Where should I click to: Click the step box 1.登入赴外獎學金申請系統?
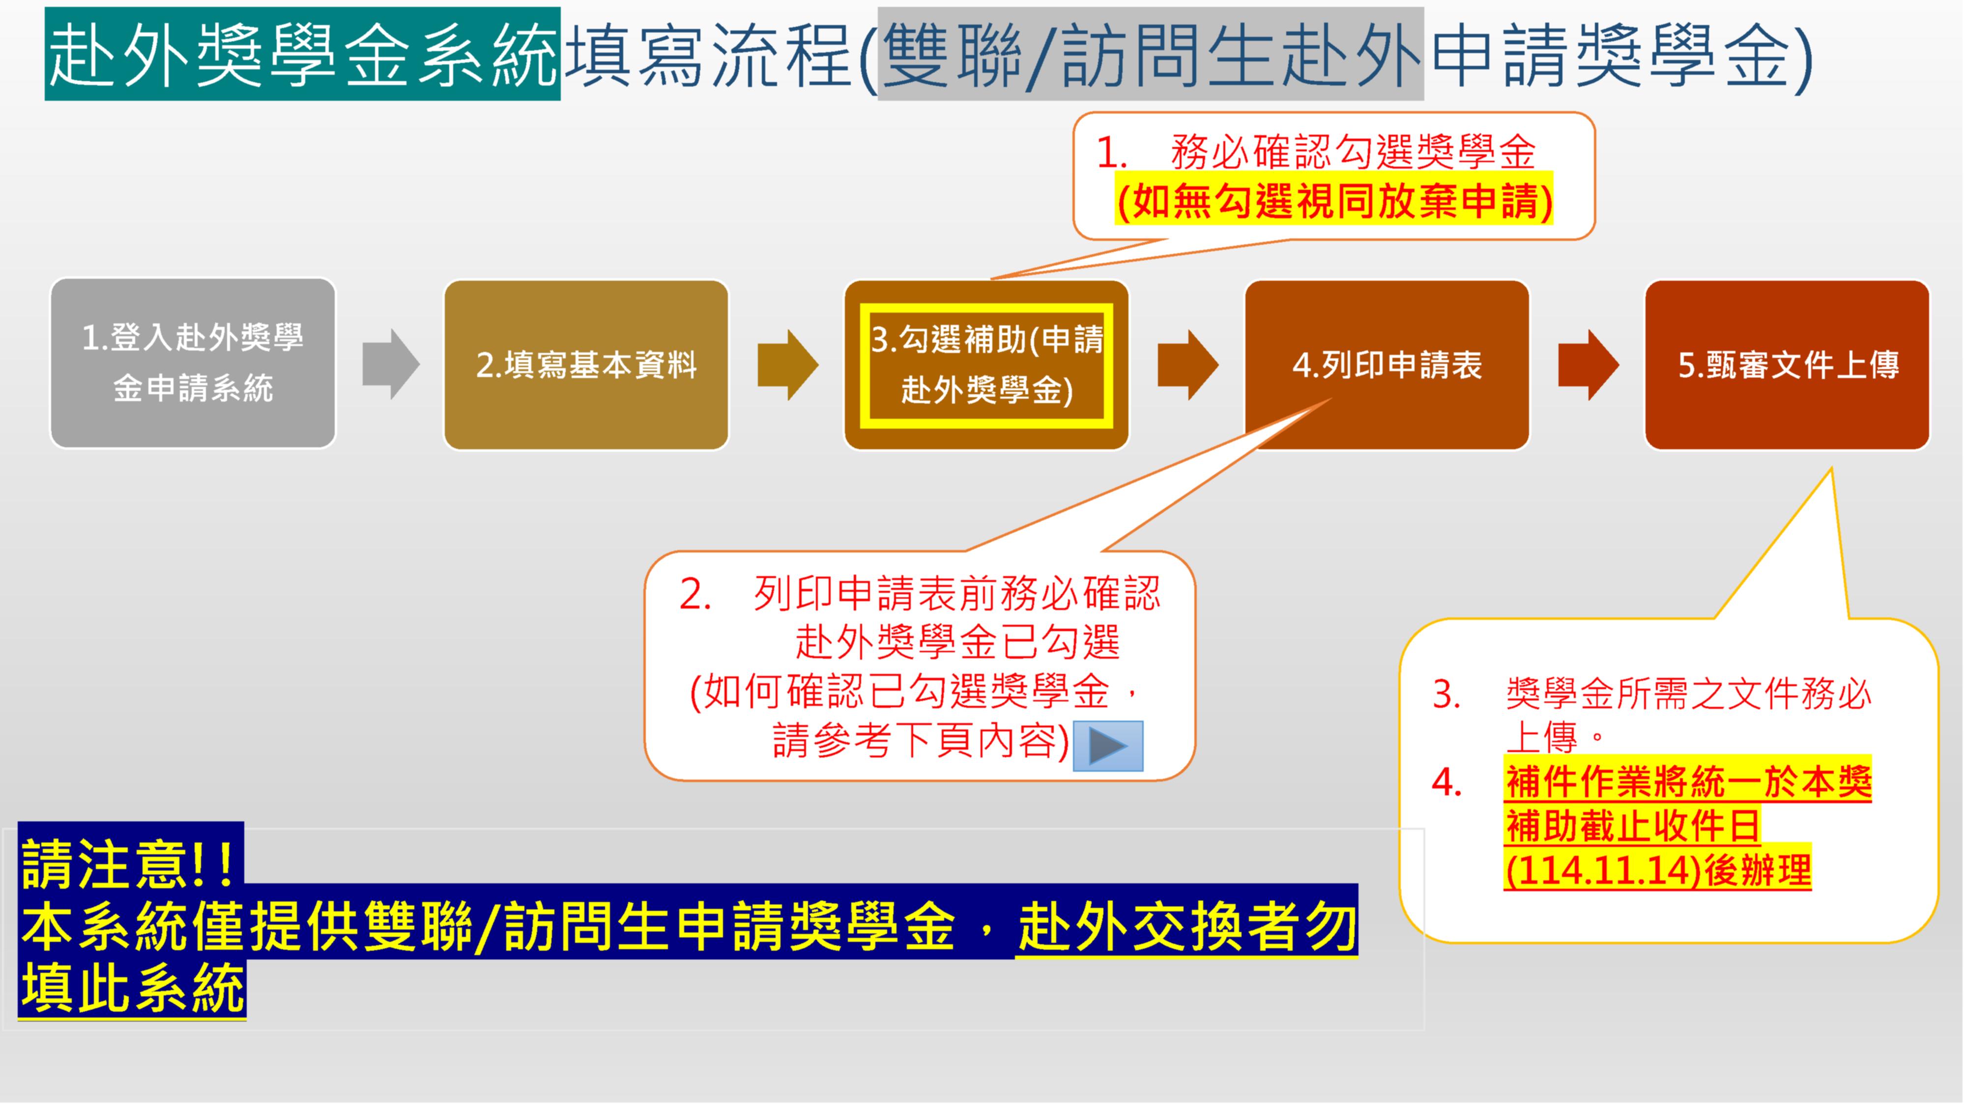193,363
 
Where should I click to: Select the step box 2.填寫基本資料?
586,365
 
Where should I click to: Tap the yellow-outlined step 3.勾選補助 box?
986,365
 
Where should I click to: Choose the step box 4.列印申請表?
1387,365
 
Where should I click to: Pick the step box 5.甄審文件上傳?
1787,365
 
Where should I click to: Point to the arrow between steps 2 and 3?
787,365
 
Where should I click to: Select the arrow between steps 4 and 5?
1588,365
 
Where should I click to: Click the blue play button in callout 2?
1108,745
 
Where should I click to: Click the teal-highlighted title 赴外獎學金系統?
303,54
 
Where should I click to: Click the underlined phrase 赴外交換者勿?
1187,927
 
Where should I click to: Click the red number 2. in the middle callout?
694,594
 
